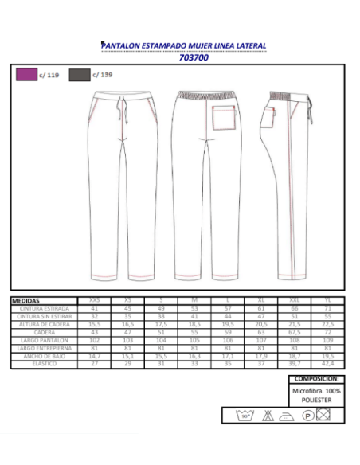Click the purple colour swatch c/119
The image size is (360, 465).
pos(26,75)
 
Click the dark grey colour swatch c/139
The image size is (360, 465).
pos(79,75)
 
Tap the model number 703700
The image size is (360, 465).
pos(194,57)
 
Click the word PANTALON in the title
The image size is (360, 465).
pos(121,46)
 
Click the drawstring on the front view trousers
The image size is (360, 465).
pos(123,110)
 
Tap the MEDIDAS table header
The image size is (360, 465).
pos(27,301)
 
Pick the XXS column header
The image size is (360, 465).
pos(94,301)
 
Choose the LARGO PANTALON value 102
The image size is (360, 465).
pos(94,340)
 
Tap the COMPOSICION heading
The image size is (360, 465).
pos(317,380)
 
